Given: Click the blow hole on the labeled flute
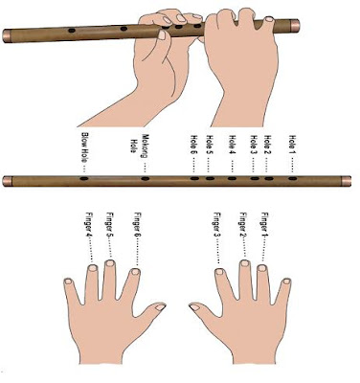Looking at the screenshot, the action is (83, 178).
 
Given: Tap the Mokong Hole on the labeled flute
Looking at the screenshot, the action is (146, 178).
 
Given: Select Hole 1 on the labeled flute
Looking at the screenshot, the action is (293, 178).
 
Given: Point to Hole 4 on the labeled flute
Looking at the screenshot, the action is (232, 178).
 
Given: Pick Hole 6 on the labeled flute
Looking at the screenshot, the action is (194, 178).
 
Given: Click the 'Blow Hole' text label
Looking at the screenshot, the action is (84, 147).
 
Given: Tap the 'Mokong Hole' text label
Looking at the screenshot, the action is (141, 145).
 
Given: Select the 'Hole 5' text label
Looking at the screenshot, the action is (210, 146).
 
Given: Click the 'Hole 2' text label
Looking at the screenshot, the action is (268, 146).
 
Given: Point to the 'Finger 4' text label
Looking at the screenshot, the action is (89, 225).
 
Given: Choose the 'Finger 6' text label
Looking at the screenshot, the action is (138, 225).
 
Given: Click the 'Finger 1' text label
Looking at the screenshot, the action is (264, 225).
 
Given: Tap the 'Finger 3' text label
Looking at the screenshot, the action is (217, 225).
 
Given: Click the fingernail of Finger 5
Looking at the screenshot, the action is (110, 263).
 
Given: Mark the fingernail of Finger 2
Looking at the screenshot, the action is (245, 263).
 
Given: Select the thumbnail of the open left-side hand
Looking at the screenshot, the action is (160, 307).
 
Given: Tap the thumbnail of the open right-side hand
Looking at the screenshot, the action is (194, 307).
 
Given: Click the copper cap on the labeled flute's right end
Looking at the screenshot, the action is (346, 181).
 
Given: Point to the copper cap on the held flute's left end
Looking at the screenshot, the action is (7, 36).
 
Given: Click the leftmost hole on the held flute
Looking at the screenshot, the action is (72, 31).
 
